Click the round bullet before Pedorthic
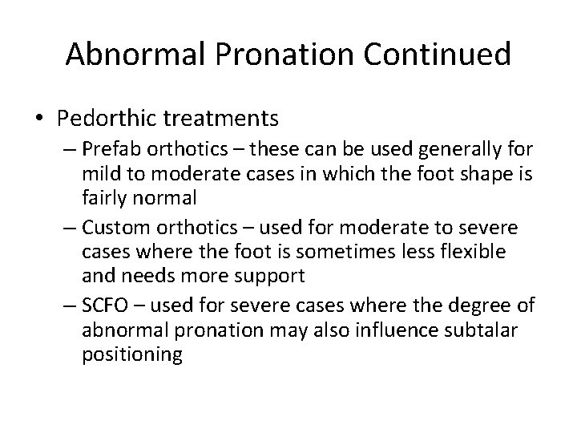39,119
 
